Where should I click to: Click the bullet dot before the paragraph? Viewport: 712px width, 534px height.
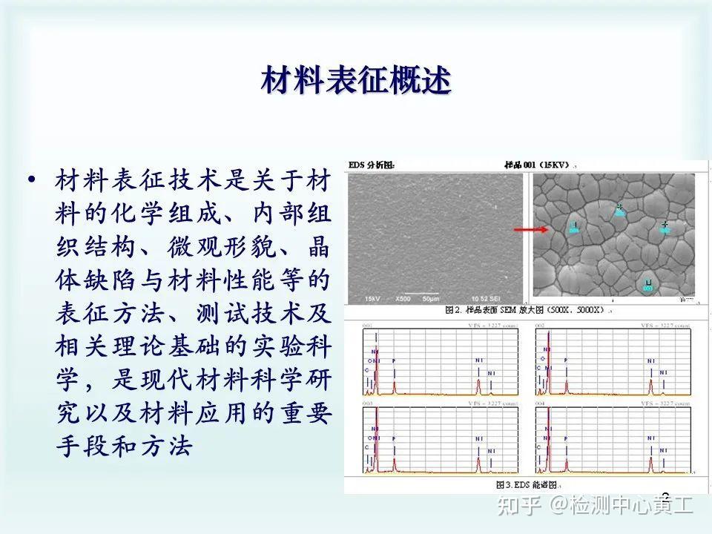click(30, 180)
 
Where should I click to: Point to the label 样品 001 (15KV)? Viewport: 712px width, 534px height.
click(535, 165)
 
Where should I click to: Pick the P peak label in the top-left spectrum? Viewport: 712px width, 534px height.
click(394, 360)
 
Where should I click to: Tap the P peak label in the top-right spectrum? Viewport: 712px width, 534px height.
click(565, 360)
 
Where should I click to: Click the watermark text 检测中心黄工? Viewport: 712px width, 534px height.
click(630, 506)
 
